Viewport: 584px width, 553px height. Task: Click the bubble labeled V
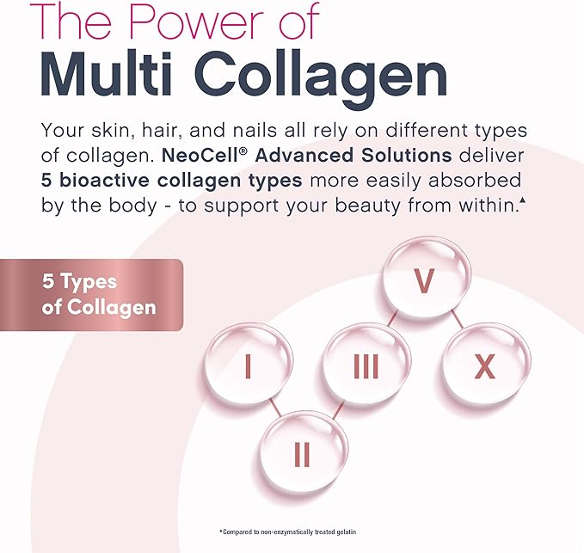[x=427, y=278]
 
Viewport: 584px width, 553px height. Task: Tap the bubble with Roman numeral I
[x=249, y=364]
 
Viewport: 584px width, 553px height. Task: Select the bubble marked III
[x=366, y=364]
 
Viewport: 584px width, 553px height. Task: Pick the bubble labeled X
[x=486, y=364]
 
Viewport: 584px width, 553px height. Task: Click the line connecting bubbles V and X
[x=458, y=320]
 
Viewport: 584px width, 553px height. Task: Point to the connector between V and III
[x=393, y=319]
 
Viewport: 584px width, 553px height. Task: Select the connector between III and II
[x=338, y=409]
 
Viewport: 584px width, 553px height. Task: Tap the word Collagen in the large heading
[x=321, y=79]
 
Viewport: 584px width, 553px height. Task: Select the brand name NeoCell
[x=200, y=156]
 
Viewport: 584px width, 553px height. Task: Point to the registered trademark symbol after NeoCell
[x=243, y=151]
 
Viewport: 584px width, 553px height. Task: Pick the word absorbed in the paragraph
[x=475, y=181]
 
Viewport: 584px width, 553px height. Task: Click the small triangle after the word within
[x=523, y=200]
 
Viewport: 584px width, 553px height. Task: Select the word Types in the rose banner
[x=89, y=283]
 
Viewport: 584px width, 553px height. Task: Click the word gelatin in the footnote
[x=346, y=531]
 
